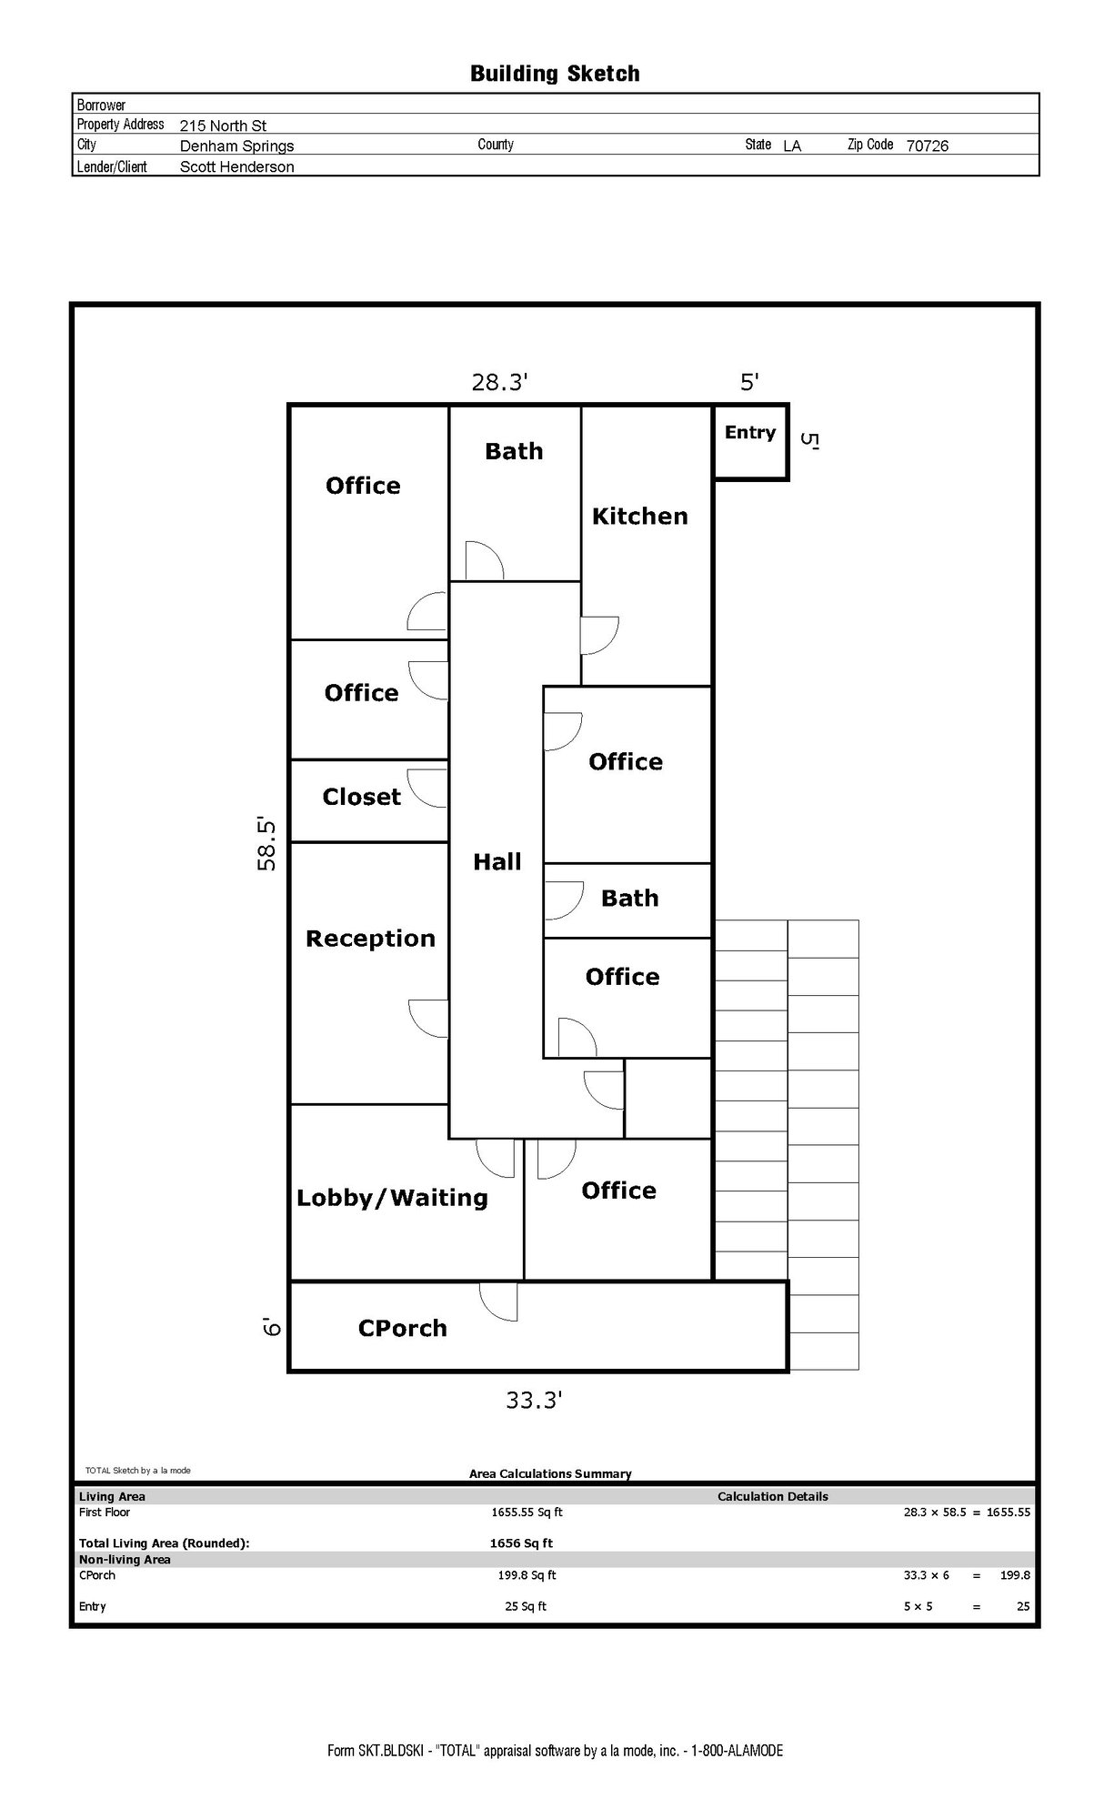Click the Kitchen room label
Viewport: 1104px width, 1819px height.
(x=639, y=517)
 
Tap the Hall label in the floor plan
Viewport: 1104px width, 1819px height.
(x=497, y=862)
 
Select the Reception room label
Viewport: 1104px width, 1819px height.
(x=370, y=940)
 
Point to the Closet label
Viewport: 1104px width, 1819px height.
(x=361, y=797)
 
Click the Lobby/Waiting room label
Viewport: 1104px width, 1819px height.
(x=392, y=1198)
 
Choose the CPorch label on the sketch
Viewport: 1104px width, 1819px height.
(x=402, y=1329)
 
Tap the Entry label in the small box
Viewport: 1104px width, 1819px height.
(x=750, y=433)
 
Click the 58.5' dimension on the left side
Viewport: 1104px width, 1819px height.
(x=266, y=843)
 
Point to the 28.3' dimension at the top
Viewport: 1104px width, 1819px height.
(x=499, y=382)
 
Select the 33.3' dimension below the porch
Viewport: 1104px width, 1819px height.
(x=534, y=1401)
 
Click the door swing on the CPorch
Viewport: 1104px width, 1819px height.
(x=498, y=1301)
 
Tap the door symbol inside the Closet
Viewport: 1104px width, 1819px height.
(x=427, y=789)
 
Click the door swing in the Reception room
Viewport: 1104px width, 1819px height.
(x=428, y=1019)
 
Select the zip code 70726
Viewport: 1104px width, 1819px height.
(x=927, y=146)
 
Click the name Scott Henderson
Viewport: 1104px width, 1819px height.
(x=236, y=166)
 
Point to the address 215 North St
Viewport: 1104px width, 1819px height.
(x=223, y=126)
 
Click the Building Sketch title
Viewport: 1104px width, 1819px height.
(x=555, y=74)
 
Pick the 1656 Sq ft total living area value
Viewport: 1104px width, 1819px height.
(x=521, y=1543)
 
